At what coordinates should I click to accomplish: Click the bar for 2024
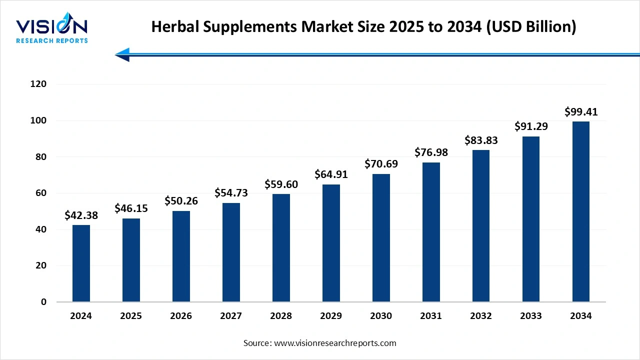(81, 263)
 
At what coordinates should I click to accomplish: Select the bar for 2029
(331, 243)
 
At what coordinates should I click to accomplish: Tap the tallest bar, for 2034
(580, 211)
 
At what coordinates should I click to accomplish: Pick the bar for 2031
(431, 232)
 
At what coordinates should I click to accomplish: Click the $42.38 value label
(81, 215)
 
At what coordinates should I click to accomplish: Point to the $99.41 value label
(581, 112)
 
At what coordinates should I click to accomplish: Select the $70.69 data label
(381, 164)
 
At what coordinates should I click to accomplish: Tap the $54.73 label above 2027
(231, 193)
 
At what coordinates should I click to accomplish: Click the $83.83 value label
(481, 140)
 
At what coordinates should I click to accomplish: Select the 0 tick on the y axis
(44, 302)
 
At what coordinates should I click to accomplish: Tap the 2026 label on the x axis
(181, 316)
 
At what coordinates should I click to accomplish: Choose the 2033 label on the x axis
(531, 316)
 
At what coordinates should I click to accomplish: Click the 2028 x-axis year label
(281, 316)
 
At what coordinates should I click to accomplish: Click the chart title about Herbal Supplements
(363, 27)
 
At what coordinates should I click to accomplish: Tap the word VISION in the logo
(51, 26)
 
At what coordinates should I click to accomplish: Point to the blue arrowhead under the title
(123, 54)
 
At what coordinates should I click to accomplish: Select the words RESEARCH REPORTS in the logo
(51, 40)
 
